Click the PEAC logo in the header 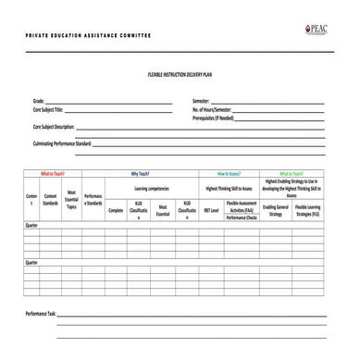[x=316, y=29]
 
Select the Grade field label [x=38, y=100]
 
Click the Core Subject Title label [x=50, y=109]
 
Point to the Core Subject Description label [x=55, y=127]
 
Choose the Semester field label [x=202, y=100]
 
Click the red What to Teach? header [x=52, y=173]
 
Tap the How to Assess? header [x=229, y=173]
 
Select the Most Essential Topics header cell [x=71, y=200]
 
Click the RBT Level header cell [x=212, y=210]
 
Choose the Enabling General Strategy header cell [x=275, y=210]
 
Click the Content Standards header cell [x=50, y=200]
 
